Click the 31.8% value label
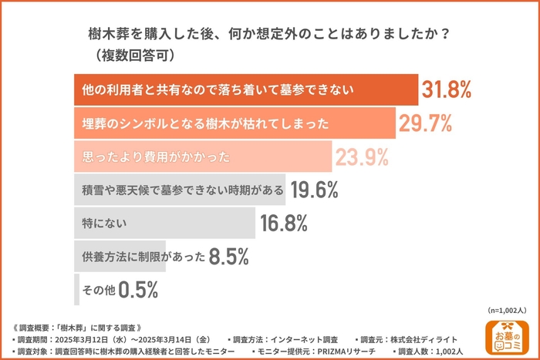click(447, 90)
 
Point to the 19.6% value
click(314, 190)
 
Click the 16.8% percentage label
click(284, 224)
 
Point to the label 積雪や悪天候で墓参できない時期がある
click(178, 190)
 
